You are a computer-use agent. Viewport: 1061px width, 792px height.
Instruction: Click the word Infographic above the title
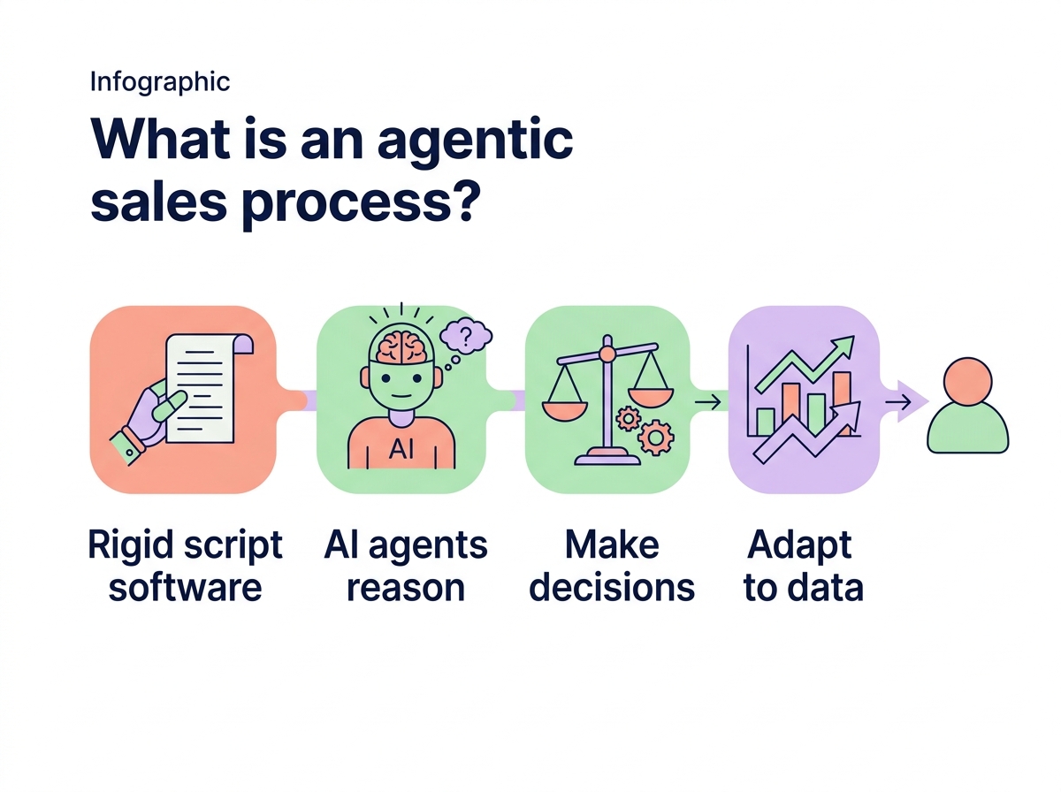[x=160, y=82]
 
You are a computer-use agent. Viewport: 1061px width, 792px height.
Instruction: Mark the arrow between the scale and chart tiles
[x=707, y=403]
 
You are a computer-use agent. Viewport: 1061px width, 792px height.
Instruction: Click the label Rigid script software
[x=186, y=566]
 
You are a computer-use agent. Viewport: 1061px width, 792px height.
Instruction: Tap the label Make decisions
[x=612, y=566]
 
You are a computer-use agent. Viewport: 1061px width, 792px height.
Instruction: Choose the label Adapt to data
[x=803, y=566]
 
